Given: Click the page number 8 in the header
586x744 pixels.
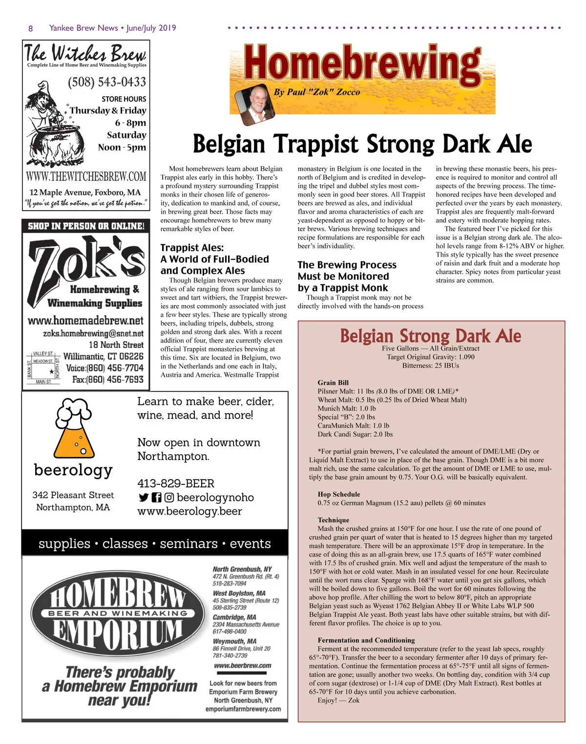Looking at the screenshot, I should pyautogui.click(x=31, y=28).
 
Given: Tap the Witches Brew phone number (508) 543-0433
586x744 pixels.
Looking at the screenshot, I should pyautogui.click(x=106, y=82).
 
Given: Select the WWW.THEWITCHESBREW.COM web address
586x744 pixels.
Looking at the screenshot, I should pyautogui.click(x=86, y=176).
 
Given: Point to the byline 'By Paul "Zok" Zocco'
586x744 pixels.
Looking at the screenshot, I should pyautogui.click(x=317, y=92).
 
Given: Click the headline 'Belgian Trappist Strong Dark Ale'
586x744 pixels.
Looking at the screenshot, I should pyautogui.click(x=362, y=144).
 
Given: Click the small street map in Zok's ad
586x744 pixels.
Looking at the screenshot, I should pyautogui.click(x=43, y=367).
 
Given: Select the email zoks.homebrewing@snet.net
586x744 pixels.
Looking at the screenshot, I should pyautogui.click(x=93, y=333).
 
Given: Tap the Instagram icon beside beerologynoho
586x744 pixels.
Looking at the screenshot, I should pyautogui.click(x=169, y=498).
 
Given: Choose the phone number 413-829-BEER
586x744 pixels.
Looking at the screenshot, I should pyautogui.click(x=176, y=483).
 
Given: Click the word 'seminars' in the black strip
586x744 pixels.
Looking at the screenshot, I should pyautogui.click(x=188, y=544).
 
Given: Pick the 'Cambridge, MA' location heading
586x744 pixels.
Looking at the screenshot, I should pyautogui.click(x=234, y=617).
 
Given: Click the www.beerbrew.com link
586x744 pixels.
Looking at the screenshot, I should pyautogui.click(x=243, y=665).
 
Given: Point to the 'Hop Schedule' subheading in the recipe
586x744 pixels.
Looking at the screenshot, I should pyautogui.click(x=339, y=494).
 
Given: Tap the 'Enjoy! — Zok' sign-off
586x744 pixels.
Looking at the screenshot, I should pyautogui.click(x=338, y=700).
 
